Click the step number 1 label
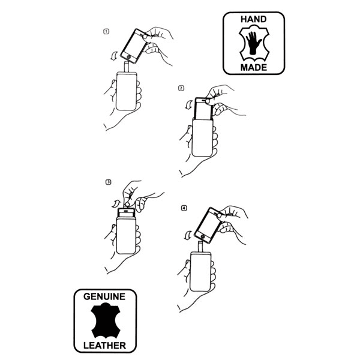106,31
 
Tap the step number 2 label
181,88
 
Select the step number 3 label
109,182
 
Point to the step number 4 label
184,208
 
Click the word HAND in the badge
253,19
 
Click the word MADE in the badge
254,67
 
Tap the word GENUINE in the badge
104,296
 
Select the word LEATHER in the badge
104,346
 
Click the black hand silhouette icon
253,43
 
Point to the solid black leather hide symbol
106,321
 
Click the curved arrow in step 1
113,56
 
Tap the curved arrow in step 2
189,104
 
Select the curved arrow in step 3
116,203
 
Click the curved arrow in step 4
188,235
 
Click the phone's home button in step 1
129,57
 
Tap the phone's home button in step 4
203,236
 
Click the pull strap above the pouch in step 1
127,67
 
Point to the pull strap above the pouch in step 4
200,247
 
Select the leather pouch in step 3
126,236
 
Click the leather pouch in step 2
203,137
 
